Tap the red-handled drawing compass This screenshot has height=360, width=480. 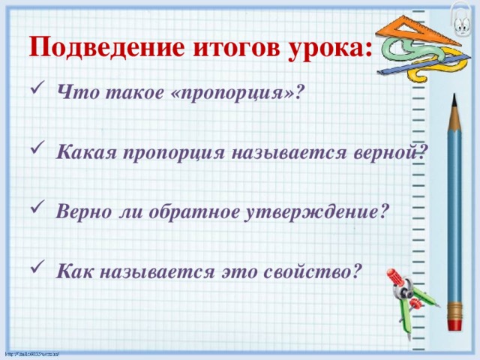point(405,296)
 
